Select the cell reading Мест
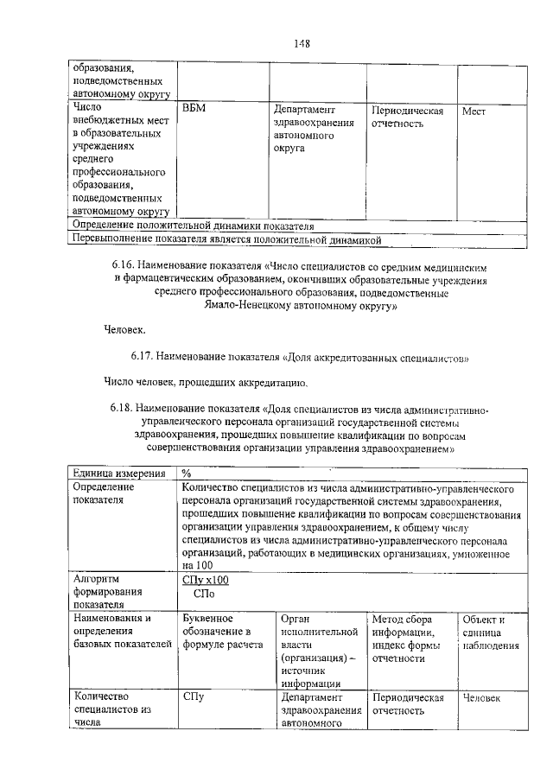pyautogui.click(x=474, y=111)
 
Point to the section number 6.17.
pyautogui.click(x=143, y=355)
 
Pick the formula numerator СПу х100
pyautogui.click(x=206, y=581)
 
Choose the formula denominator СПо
pyautogui.click(x=205, y=594)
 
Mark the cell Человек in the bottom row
pyautogui.click(x=481, y=697)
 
